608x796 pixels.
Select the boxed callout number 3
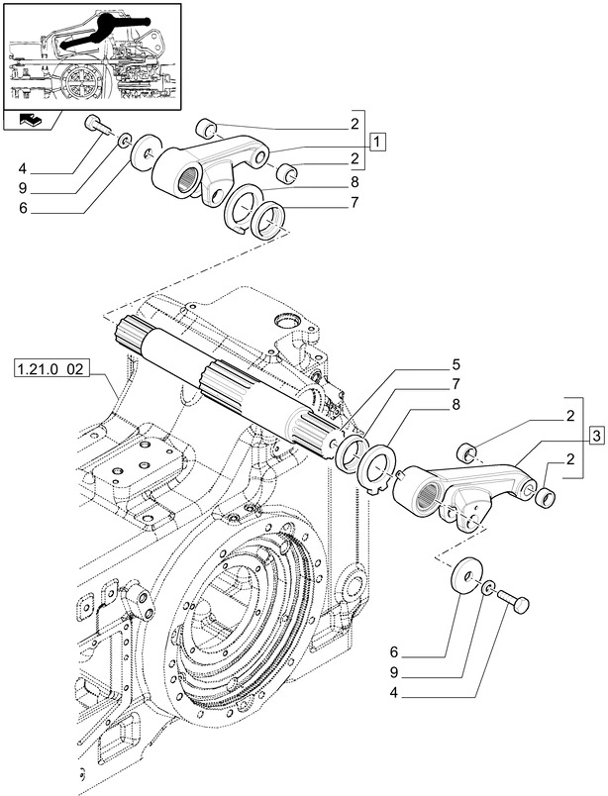(594, 436)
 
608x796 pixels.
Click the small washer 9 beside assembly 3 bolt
(490, 591)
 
